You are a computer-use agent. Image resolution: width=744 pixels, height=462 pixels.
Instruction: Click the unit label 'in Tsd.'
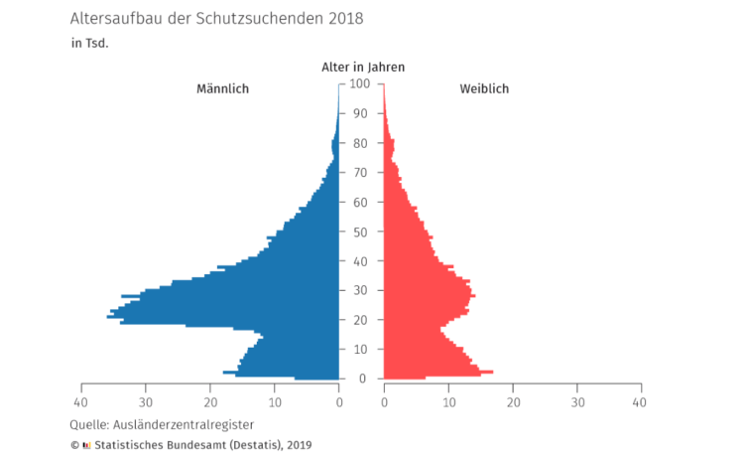89,44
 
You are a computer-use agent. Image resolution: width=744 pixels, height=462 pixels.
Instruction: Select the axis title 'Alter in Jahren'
362,67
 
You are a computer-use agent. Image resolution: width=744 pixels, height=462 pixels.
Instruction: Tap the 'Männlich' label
222,89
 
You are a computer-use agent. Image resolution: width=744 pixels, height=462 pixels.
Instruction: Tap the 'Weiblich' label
484,89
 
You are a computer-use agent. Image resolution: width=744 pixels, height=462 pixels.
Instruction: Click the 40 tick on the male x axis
81,402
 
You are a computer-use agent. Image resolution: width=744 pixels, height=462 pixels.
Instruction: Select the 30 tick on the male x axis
146,402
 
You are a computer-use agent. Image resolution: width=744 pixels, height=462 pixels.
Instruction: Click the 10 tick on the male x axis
275,402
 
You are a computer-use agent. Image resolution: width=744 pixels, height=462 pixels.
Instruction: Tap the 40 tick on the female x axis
640,402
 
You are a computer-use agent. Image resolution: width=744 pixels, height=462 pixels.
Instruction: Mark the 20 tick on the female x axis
513,402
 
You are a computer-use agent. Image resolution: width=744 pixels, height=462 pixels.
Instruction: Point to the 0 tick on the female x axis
384,402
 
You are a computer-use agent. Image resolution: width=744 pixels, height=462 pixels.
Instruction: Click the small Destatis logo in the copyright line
86,445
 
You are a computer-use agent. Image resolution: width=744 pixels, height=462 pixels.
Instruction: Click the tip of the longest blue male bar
108,317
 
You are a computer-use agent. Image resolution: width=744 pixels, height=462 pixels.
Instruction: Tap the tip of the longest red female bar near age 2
492,372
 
